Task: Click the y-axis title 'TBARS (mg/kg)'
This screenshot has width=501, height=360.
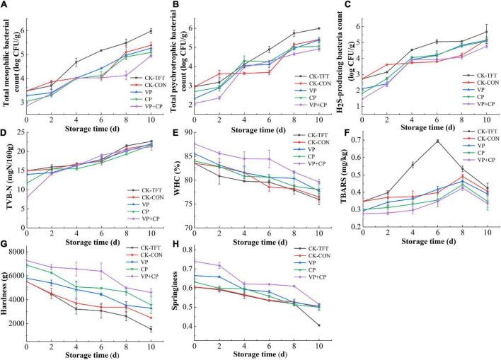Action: point(345,177)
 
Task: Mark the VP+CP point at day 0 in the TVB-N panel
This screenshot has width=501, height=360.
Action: point(26,199)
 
